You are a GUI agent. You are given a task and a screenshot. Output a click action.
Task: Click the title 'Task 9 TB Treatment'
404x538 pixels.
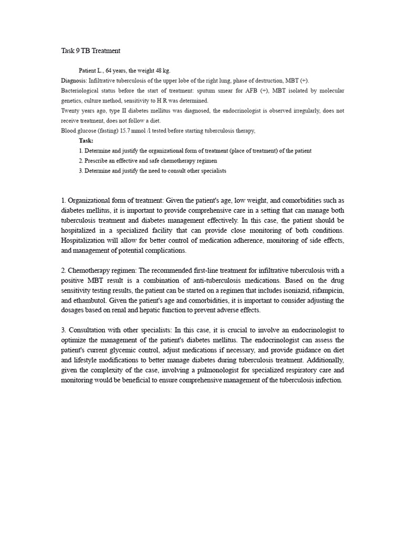pyautogui.click(x=90, y=51)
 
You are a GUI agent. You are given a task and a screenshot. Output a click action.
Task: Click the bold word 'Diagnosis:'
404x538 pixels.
pyautogui.click(x=74, y=80)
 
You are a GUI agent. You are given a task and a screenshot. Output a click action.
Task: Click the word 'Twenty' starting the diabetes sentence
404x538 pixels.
pyautogui.click(x=70, y=111)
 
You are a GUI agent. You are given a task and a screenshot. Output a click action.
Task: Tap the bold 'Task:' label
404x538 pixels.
pyautogui.click(x=86, y=141)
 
